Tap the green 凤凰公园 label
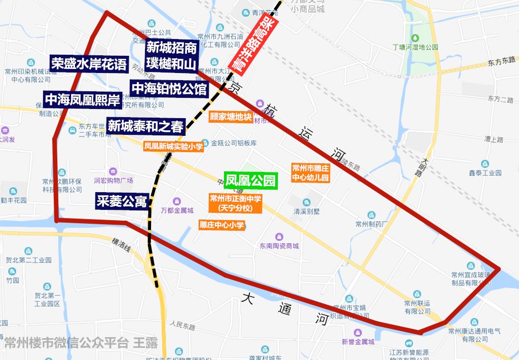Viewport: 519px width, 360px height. [251, 181]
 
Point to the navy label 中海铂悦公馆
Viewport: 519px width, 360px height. [169, 89]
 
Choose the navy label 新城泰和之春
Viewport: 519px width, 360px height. [146, 126]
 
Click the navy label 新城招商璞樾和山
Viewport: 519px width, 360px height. [171, 56]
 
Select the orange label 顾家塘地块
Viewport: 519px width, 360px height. [231, 117]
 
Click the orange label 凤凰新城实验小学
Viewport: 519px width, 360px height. [173, 147]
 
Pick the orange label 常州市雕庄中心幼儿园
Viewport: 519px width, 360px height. [310, 173]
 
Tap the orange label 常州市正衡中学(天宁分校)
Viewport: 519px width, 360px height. [236, 203]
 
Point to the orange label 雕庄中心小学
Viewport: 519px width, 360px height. [221, 225]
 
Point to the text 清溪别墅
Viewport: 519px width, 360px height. [307, 211]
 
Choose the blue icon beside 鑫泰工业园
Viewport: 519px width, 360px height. [485, 164]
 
